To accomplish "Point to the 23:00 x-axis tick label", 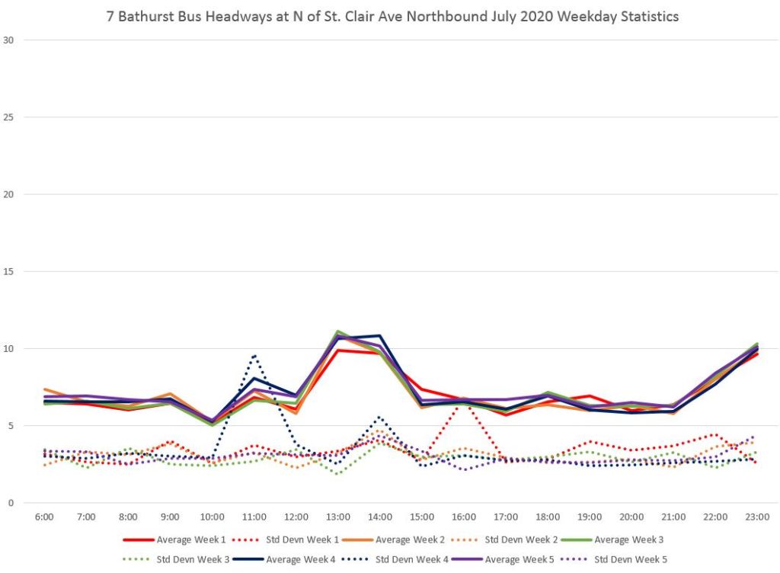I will tap(756, 517).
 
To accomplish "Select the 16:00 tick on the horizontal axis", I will tap(463, 517).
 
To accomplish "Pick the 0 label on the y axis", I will tap(11, 503).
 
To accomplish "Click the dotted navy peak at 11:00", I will tap(254, 355).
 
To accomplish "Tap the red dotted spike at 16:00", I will tap(463, 399).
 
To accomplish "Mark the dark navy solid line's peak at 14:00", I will tap(379, 335).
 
